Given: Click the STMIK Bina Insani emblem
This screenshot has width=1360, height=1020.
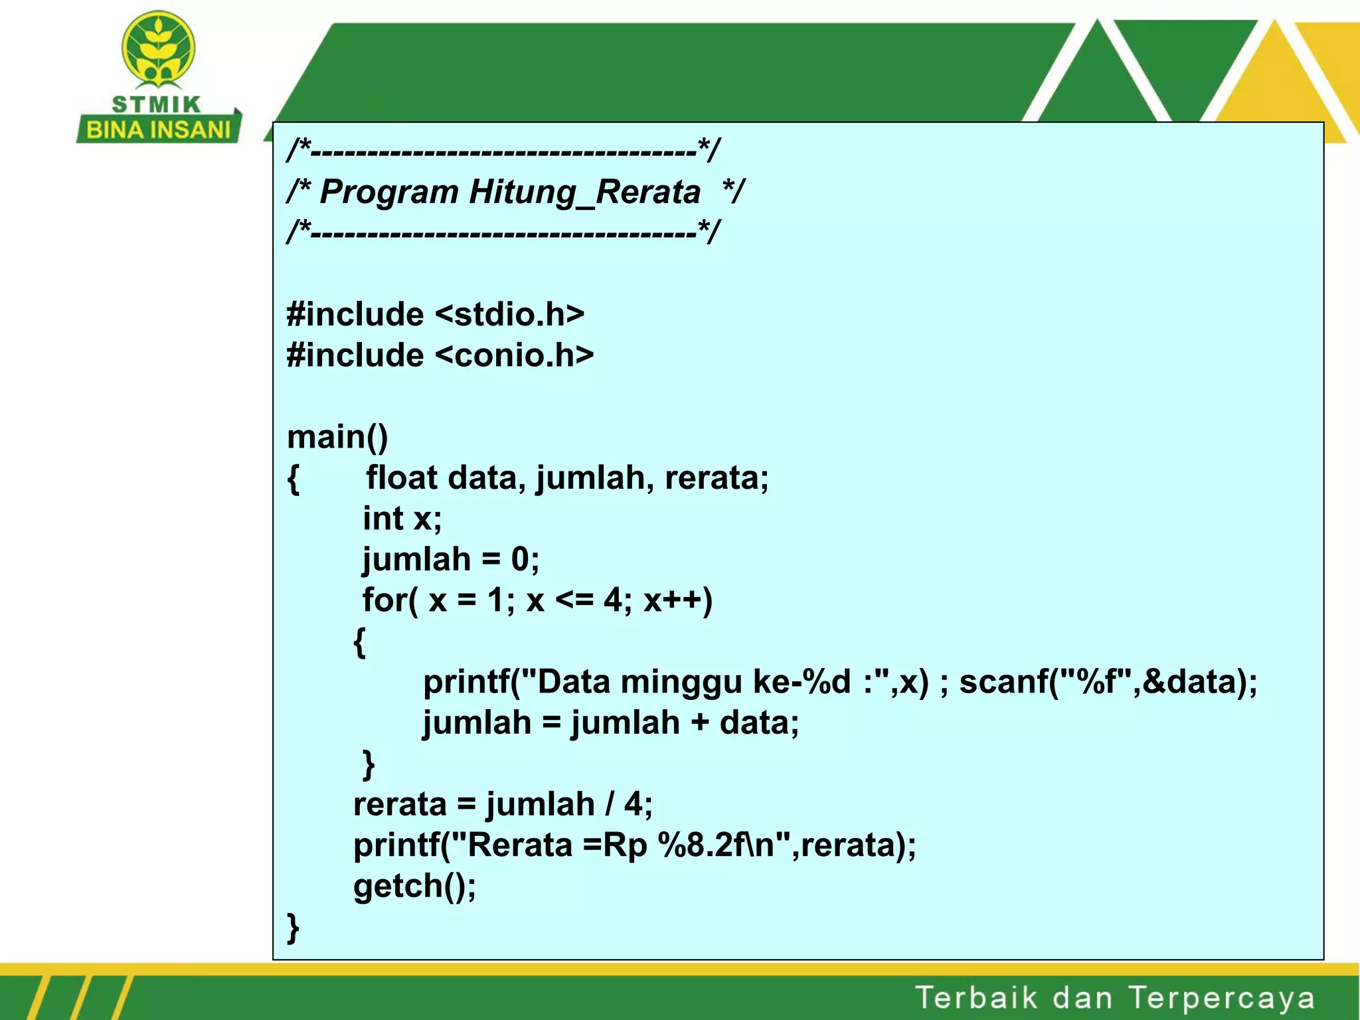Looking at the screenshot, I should coord(158,50).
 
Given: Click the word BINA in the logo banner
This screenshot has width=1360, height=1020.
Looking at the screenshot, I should coord(110,130).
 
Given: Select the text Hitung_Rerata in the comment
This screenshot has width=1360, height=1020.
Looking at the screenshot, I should coord(584,192).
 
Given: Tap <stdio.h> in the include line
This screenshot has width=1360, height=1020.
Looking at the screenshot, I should coord(509,314).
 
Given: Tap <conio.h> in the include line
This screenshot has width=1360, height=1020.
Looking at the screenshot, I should coord(514,355).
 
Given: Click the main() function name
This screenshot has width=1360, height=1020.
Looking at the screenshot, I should coord(337,437).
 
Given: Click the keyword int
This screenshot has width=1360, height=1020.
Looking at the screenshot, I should coord(382,519).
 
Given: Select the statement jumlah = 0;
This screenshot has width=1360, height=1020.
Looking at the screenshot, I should coord(450,559).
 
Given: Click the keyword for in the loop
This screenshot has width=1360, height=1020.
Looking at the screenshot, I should coord(385,600).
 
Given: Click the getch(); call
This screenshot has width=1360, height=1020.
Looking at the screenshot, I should coord(414,887).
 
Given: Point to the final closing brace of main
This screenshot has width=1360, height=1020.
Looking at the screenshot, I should coord(293,928).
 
